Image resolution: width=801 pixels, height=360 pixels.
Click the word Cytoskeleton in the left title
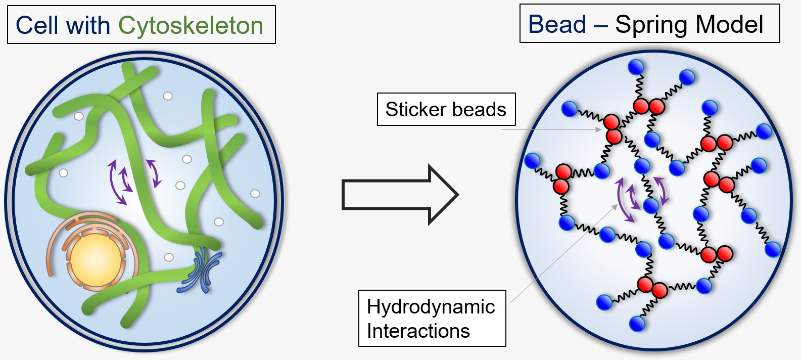click(x=191, y=25)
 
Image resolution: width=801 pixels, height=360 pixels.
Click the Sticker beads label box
click(x=446, y=109)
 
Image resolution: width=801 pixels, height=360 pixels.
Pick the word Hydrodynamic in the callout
click(x=431, y=306)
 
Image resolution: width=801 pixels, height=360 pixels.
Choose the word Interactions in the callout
click(x=418, y=331)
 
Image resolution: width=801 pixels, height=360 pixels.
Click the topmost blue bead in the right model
click(x=635, y=67)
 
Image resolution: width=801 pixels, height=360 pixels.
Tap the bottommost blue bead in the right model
click(x=637, y=323)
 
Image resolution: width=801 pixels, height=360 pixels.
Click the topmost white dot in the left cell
click(x=168, y=96)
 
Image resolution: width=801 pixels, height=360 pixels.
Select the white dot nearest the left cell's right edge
click(x=255, y=193)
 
